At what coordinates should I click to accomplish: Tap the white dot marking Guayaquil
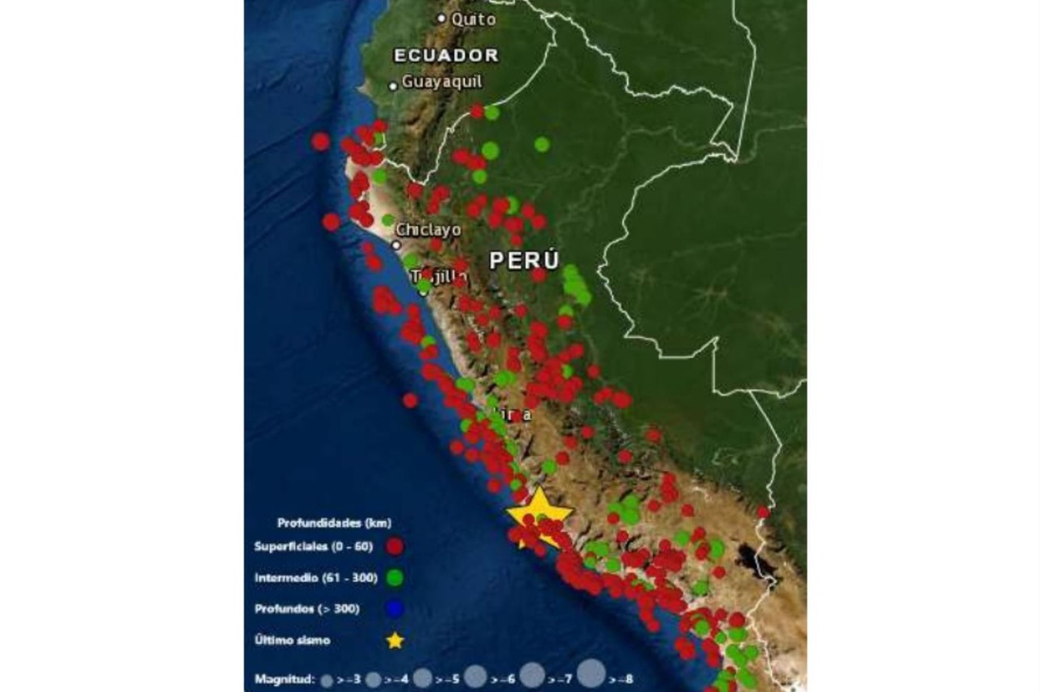pyautogui.click(x=393, y=86)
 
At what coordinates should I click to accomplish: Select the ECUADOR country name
pyautogui.click(x=445, y=55)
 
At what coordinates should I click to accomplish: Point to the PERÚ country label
pyautogui.click(x=524, y=261)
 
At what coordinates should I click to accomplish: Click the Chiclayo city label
pyautogui.click(x=428, y=230)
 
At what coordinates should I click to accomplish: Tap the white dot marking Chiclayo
pyautogui.click(x=396, y=245)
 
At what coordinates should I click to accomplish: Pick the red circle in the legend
pyautogui.click(x=395, y=547)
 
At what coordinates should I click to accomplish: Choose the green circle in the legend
pyautogui.click(x=395, y=577)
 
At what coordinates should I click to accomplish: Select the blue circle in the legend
pyautogui.click(x=395, y=608)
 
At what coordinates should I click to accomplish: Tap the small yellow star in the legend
pyautogui.click(x=395, y=640)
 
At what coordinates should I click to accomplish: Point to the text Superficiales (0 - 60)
pyautogui.click(x=314, y=547)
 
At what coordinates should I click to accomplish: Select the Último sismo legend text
pyautogui.click(x=292, y=640)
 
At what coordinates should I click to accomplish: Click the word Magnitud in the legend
pyautogui.click(x=284, y=678)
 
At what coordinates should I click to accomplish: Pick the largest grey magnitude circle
pyautogui.click(x=592, y=674)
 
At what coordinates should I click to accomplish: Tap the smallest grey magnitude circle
pyautogui.click(x=327, y=681)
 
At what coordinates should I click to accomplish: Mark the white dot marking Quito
pyautogui.click(x=442, y=18)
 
